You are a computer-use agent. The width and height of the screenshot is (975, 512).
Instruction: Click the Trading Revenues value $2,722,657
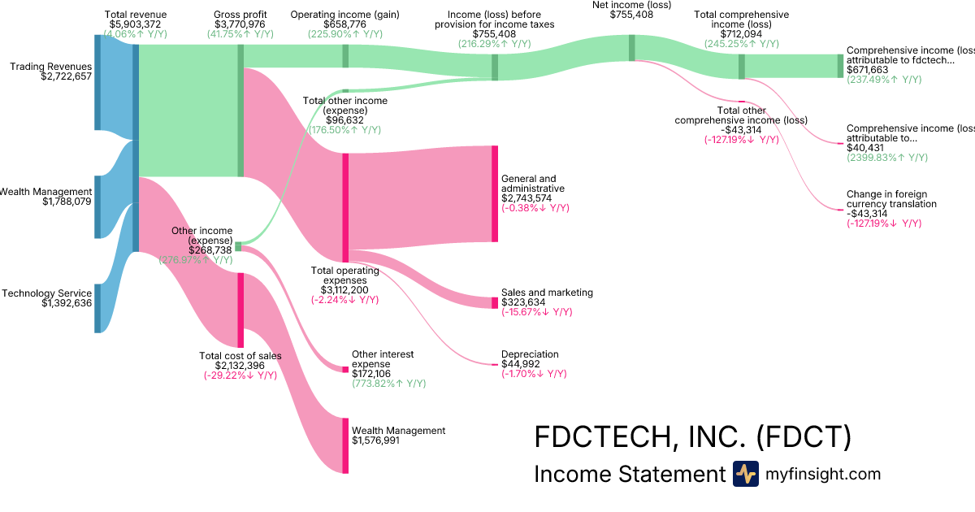(67, 77)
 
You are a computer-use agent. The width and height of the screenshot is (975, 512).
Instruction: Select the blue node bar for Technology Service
(97, 308)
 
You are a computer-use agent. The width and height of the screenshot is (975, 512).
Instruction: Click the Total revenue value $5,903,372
(136, 25)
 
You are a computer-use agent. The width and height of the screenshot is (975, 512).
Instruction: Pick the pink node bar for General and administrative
(494, 193)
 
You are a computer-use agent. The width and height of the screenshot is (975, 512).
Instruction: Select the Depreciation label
(530, 354)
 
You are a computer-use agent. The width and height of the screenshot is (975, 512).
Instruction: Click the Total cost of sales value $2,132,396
(240, 366)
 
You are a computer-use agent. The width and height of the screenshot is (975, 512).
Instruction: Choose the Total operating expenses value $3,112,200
(345, 290)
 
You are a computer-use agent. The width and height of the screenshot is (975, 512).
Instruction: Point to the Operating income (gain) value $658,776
(344, 25)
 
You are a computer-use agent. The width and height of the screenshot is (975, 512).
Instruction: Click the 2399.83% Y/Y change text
(884, 158)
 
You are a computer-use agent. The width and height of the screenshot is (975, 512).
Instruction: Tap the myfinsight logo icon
(745, 474)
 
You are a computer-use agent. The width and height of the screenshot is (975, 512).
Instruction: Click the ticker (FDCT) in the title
(804, 437)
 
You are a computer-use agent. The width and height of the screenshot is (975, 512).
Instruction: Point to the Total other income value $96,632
(344, 120)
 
